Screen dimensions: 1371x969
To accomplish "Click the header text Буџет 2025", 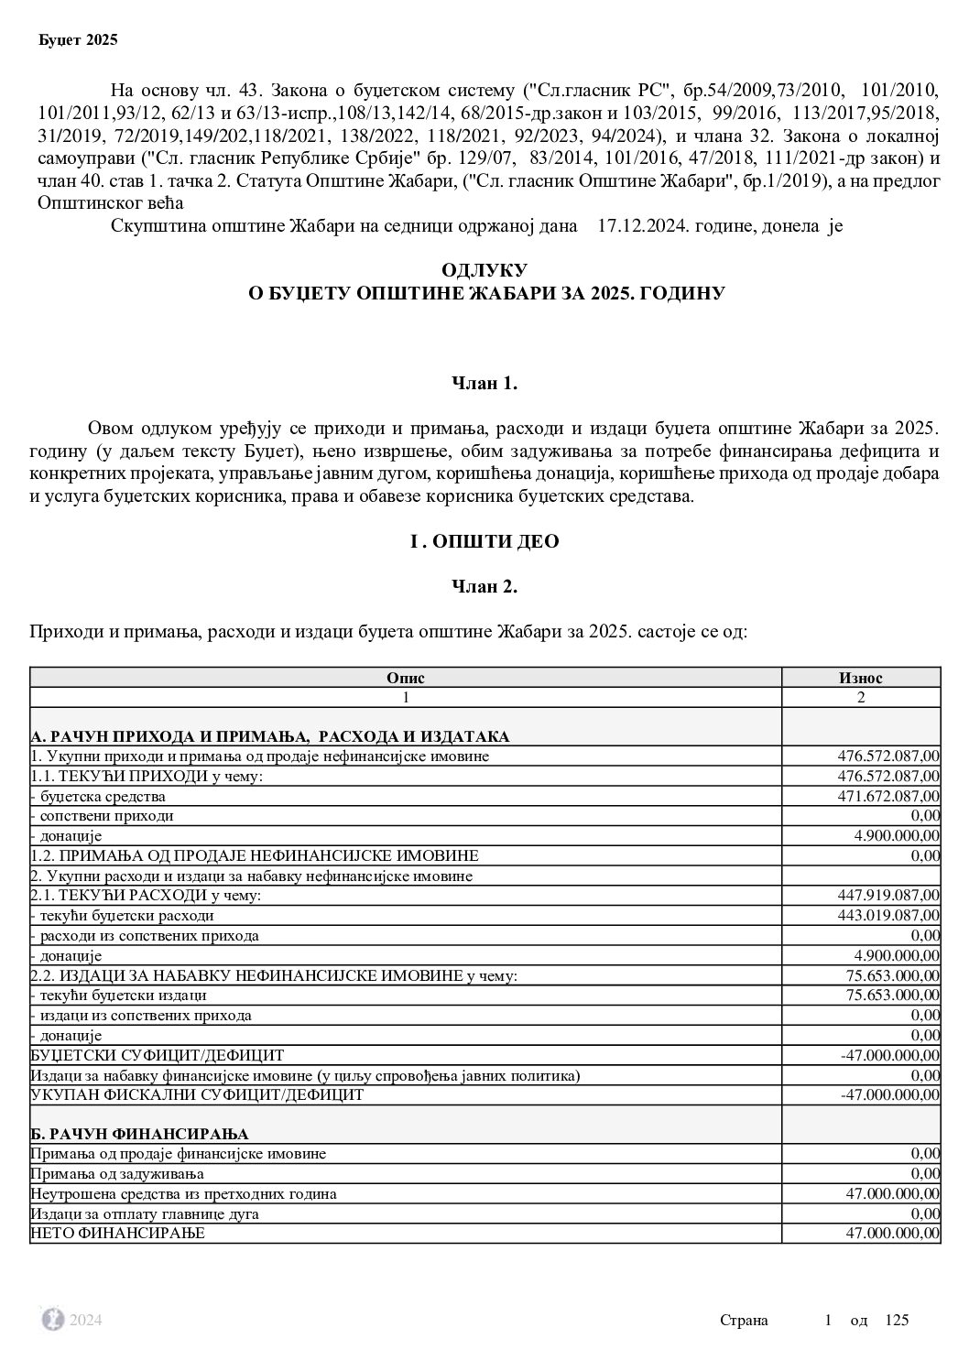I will pos(78,40).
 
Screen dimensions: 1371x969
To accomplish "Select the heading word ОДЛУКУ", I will pos(484,270).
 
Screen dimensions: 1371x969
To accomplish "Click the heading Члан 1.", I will pos(484,384).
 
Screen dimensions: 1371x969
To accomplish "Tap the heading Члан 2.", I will pos(484,587).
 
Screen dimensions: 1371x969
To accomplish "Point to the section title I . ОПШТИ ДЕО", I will pos(484,541).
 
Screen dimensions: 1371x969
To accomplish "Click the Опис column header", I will pos(405,678).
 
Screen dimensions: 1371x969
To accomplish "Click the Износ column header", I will pos(860,678).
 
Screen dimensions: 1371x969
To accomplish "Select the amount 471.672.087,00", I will pos(888,796).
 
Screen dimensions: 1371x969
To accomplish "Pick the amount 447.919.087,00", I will pos(888,895).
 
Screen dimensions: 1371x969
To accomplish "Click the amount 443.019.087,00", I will pos(888,915).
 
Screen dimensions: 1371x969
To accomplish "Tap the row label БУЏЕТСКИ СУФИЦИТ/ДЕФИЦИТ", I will pos(158,1055).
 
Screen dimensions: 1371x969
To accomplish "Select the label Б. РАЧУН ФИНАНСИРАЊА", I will pos(139,1135).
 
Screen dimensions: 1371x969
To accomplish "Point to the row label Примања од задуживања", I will pos(117,1173).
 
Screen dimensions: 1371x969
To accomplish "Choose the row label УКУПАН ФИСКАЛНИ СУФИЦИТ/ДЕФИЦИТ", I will pos(197,1094).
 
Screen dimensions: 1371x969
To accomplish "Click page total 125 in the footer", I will pos(897,1320).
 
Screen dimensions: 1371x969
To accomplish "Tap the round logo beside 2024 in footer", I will pos(53,1319).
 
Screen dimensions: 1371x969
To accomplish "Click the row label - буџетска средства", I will pos(98,796).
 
